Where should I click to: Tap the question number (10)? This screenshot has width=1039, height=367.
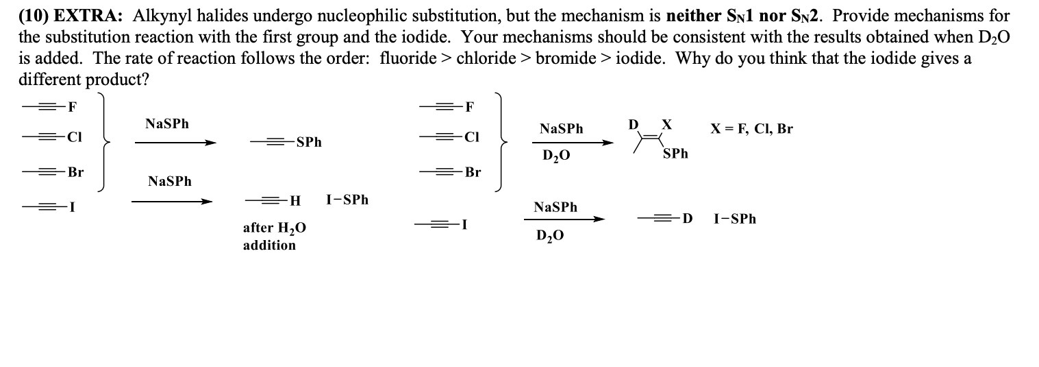pos(32,16)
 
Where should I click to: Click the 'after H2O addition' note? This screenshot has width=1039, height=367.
pos(274,236)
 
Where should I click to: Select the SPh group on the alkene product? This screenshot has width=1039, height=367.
pos(675,154)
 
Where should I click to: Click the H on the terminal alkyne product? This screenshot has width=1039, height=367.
pos(295,201)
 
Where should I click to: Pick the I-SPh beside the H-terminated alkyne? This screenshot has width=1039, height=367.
pos(347,200)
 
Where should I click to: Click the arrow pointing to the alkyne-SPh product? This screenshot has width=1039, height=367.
pos(175,143)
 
